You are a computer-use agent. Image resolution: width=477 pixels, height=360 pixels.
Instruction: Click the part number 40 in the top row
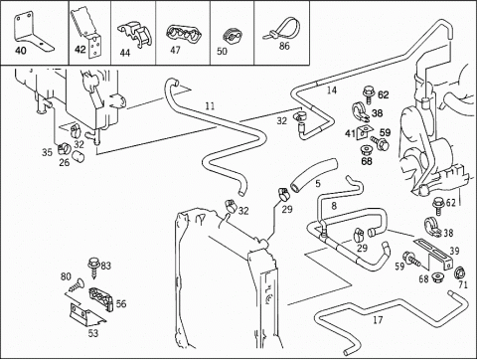tap(21, 51)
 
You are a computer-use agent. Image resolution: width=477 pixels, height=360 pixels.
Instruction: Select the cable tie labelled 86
tap(282, 30)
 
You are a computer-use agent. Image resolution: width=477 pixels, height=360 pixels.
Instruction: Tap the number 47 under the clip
tap(175, 50)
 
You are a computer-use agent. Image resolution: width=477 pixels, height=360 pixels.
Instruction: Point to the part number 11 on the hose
tap(210, 106)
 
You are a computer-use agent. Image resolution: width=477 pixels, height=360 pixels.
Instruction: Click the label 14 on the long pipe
tap(332, 90)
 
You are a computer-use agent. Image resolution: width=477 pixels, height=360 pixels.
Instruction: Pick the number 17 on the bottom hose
tap(378, 320)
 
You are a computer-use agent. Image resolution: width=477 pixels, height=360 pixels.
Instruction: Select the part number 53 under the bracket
tap(93, 333)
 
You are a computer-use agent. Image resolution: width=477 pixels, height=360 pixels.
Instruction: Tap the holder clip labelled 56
tap(101, 299)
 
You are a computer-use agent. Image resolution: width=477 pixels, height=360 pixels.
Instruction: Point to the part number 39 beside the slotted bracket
tap(454, 251)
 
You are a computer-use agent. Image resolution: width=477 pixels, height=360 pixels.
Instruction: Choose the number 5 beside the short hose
tap(318, 183)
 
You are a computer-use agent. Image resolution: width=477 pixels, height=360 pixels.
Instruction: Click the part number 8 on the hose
tap(334, 206)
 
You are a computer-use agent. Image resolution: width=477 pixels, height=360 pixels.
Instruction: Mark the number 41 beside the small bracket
tap(350, 133)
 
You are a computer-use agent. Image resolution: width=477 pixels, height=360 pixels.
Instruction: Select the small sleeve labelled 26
tap(79, 155)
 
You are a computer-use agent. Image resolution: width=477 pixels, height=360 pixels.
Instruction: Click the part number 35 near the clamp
tap(47, 152)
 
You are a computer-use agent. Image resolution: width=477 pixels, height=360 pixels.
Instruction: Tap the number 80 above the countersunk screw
tap(66, 276)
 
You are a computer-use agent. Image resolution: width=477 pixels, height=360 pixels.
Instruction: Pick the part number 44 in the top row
tap(125, 53)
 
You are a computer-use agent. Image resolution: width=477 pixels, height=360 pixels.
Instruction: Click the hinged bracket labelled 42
tap(87, 34)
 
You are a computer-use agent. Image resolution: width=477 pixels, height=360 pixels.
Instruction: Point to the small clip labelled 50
tap(232, 37)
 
